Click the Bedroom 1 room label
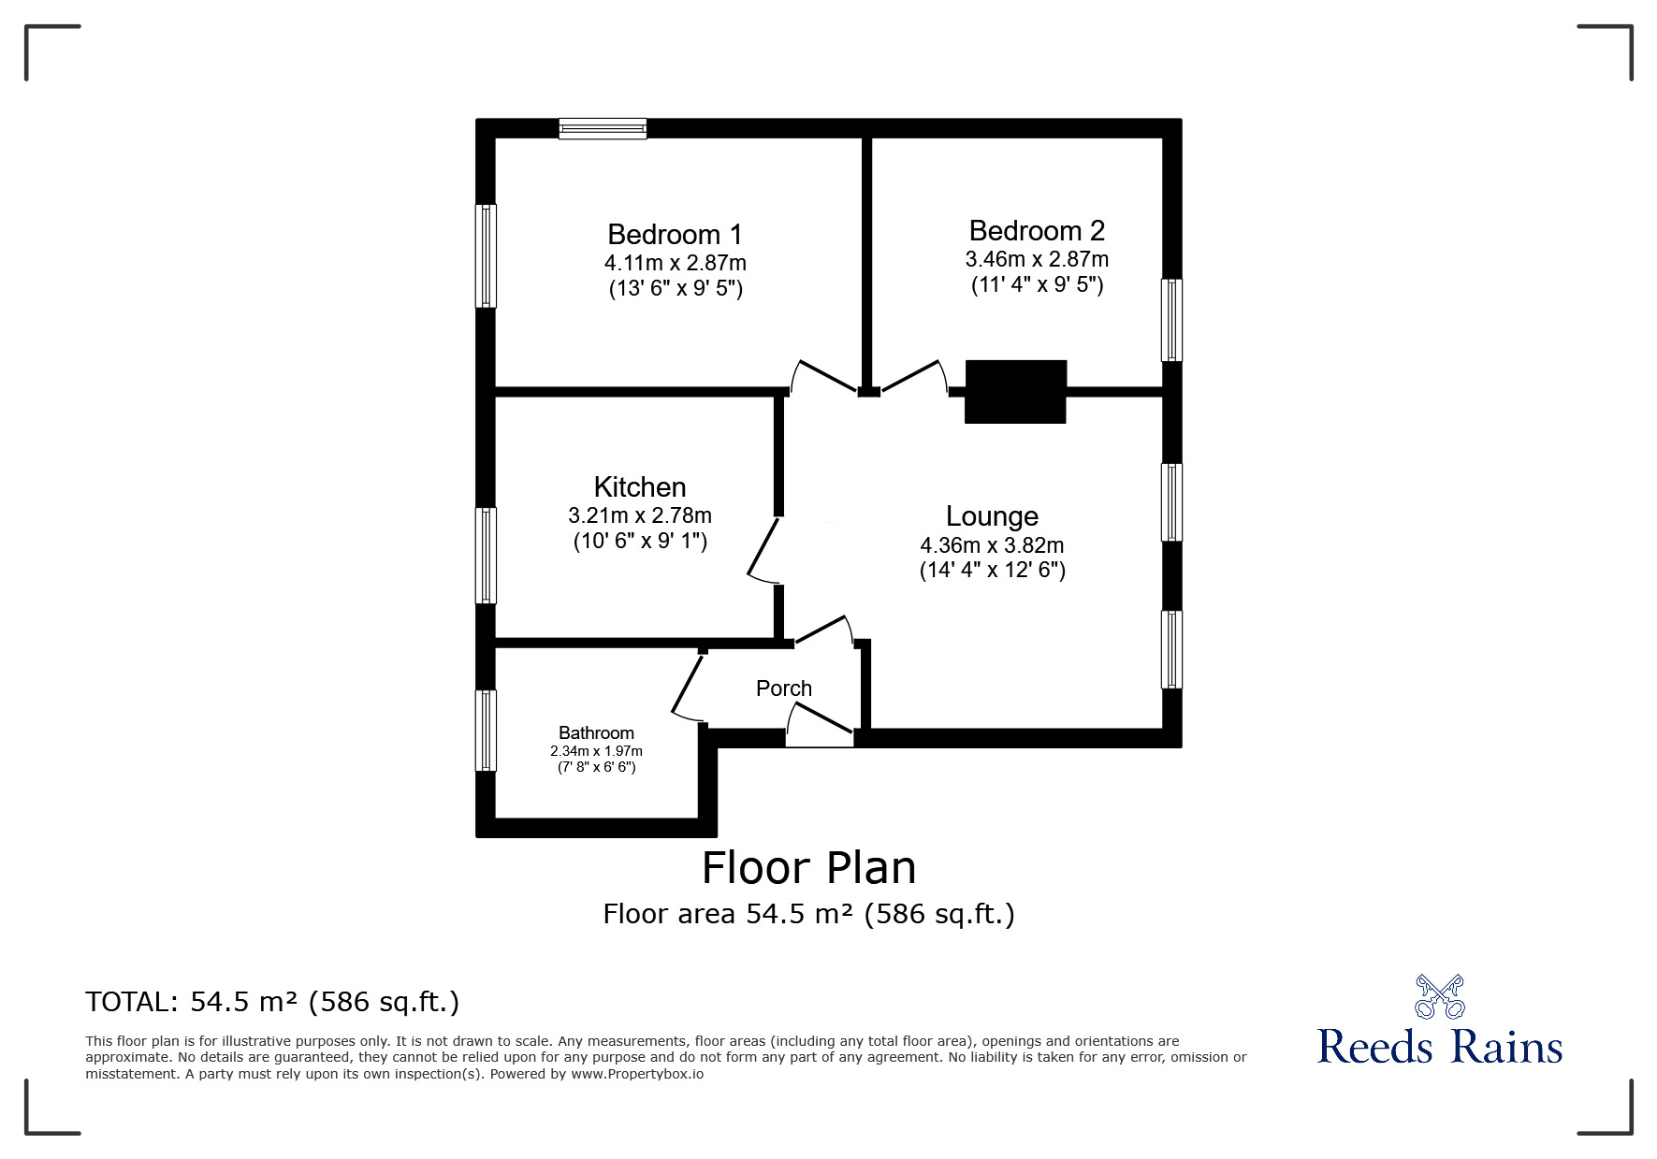coord(675,234)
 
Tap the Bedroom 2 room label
coord(1037,230)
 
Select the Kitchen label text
coord(640,487)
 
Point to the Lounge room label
coord(992,516)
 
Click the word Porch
coord(784,688)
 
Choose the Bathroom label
coord(596,733)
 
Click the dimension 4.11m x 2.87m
coord(675,263)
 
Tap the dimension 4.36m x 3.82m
coord(992,545)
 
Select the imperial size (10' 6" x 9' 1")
coord(640,541)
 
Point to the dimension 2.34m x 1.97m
coord(596,751)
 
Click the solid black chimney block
coord(1015,391)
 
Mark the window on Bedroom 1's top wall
coord(603,128)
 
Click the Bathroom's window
coord(486,731)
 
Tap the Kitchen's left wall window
coord(486,555)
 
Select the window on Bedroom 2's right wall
coord(1171,320)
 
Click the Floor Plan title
coord(808,868)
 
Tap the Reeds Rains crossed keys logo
coord(1439,996)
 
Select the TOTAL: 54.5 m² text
coord(272,1002)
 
